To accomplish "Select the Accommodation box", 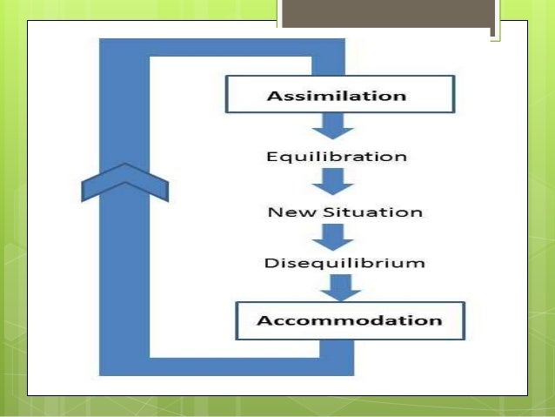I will click(349, 319).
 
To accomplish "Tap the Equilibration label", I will click(336, 158).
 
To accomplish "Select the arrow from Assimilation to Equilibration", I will click(334, 127).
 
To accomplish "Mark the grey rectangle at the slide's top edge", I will click(387, 17).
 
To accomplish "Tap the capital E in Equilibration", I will click(271, 158).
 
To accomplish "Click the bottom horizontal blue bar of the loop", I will click(226, 367).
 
